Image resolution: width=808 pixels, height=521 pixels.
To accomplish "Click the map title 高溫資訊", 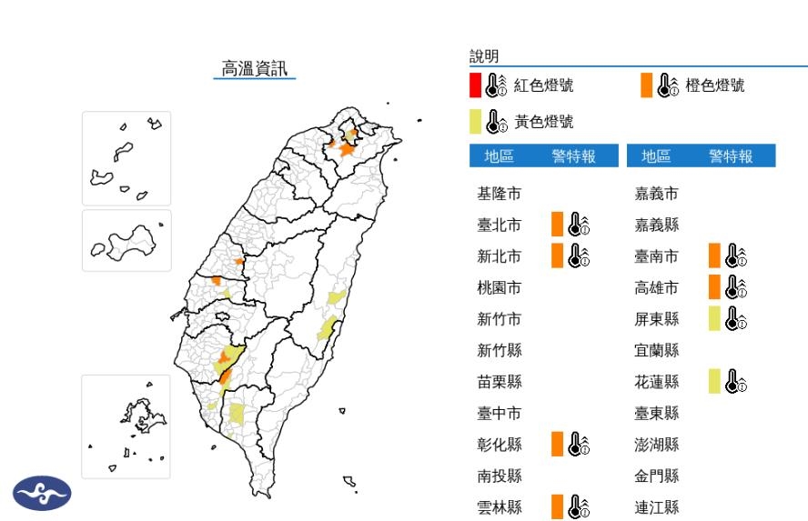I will [254, 68].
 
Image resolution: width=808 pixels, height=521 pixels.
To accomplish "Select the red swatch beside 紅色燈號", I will [475, 85].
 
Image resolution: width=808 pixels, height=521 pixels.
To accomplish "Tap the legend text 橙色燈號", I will [714, 85].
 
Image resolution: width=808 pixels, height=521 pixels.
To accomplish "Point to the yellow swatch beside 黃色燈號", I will [475, 121].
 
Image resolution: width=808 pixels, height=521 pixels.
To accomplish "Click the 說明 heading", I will [484, 57].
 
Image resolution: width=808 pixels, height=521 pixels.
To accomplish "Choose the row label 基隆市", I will [500, 194].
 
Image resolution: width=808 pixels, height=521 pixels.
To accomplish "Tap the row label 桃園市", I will [500, 287].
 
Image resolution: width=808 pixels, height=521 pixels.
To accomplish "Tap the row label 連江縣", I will [657, 507].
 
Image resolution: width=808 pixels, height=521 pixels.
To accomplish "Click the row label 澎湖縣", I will [657, 445].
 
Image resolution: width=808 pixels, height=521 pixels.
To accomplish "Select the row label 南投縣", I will [500, 476].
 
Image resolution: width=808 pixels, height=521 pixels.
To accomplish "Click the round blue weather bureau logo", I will [40, 494].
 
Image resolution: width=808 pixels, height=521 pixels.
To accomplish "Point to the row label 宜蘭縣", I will [657, 350].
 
